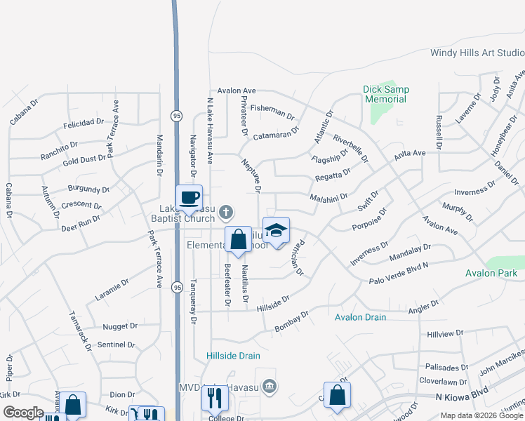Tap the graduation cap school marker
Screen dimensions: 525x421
click(277, 231)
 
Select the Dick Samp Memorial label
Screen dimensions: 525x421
click(385, 94)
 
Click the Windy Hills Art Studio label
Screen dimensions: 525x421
click(477, 53)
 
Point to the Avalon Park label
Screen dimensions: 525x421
click(491, 273)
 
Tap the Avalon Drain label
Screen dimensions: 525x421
click(360, 317)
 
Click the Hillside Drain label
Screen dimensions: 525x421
click(234, 356)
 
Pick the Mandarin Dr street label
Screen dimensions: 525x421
click(159, 154)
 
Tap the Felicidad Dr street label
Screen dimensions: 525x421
click(83, 123)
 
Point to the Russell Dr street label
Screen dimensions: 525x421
click(439, 132)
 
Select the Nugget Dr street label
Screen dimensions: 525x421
click(120, 326)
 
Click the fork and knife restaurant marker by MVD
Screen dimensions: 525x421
click(215, 398)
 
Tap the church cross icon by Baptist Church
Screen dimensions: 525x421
click(226, 210)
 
